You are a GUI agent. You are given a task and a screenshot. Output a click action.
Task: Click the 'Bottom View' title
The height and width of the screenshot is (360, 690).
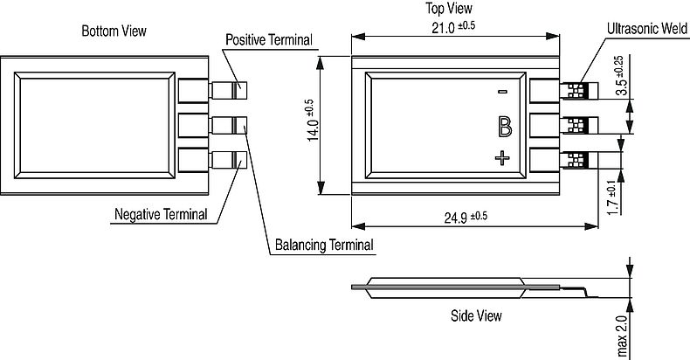click(114, 31)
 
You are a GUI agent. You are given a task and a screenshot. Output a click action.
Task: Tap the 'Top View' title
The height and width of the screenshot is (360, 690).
click(449, 9)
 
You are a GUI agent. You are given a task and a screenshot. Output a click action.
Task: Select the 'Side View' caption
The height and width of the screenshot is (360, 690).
click(476, 315)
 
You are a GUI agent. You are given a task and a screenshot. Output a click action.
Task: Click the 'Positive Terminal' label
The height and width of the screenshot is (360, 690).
click(269, 40)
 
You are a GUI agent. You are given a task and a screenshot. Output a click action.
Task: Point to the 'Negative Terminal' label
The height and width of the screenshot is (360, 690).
click(161, 214)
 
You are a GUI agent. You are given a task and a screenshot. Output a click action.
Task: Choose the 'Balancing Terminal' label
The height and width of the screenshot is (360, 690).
click(324, 245)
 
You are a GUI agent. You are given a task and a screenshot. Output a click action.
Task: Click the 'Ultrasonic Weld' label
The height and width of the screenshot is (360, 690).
click(647, 30)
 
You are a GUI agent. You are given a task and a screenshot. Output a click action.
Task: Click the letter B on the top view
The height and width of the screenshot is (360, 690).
click(504, 127)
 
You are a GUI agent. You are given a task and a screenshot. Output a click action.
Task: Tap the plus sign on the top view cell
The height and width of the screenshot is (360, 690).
click(502, 158)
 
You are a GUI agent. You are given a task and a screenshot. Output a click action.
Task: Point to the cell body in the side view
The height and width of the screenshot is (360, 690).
click(445, 287)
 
